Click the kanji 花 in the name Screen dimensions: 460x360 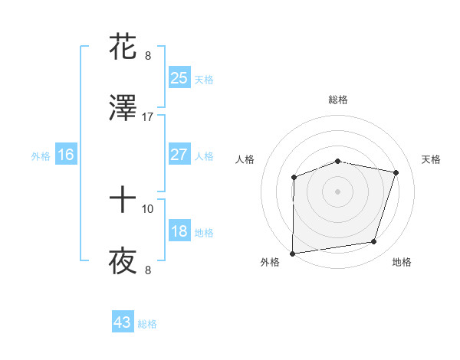click(x=123, y=46)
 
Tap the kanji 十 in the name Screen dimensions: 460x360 click(x=123, y=201)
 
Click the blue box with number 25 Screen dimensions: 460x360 click(x=179, y=77)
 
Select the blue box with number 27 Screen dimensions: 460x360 click(x=179, y=155)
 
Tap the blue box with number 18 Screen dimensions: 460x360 click(x=179, y=231)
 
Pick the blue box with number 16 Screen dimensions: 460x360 click(x=66, y=155)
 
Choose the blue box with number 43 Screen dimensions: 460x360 click(x=123, y=322)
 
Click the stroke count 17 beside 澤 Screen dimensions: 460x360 click(x=148, y=116)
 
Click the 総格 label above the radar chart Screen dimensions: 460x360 click(x=338, y=100)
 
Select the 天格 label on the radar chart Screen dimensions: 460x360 click(x=432, y=159)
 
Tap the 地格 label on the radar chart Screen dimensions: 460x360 click(x=402, y=263)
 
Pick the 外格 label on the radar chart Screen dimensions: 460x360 click(x=270, y=263)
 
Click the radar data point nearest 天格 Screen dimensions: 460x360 click(x=396, y=173)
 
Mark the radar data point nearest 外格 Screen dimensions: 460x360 click(x=293, y=254)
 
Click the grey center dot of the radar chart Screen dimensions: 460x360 click(x=337, y=191)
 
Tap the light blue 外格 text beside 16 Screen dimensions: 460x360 click(x=41, y=155)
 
